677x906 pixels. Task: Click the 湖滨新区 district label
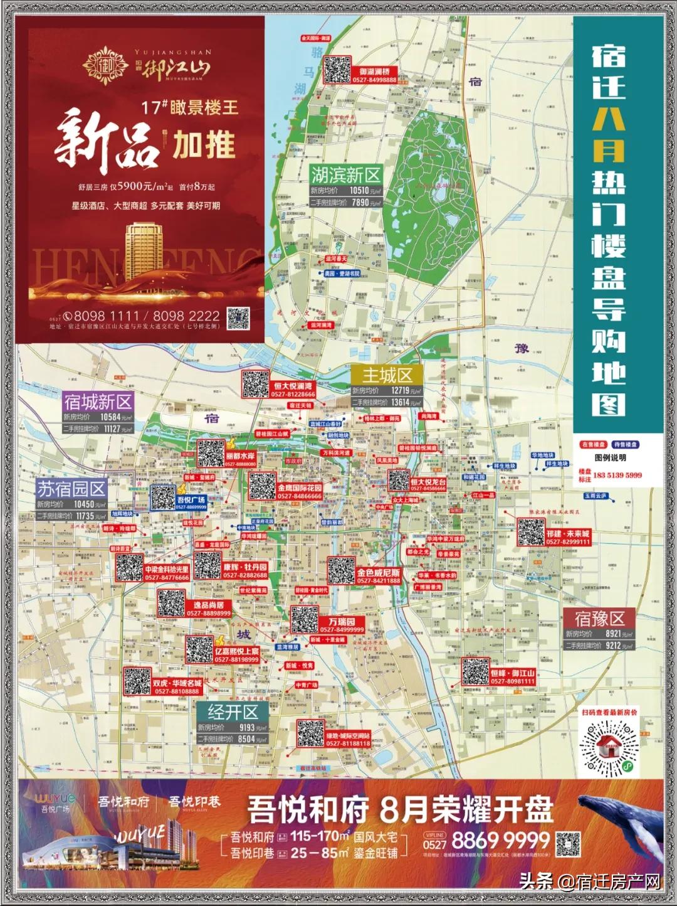(x=346, y=175)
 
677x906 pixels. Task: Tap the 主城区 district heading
(x=387, y=375)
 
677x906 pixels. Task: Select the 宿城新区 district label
(x=98, y=402)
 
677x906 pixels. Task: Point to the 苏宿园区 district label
(x=71, y=489)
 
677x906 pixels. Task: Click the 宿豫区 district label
(x=600, y=619)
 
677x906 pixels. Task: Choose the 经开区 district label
(x=233, y=712)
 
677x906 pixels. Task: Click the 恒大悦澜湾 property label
(x=293, y=386)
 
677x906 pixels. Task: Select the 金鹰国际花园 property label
(x=300, y=488)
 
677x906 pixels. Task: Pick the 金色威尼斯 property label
(x=378, y=573)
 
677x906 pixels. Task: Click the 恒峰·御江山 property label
(x=512, y=673)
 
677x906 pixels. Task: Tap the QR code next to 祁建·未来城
(x=530, y=531)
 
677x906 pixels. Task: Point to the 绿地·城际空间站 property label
(x=348, y=735)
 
